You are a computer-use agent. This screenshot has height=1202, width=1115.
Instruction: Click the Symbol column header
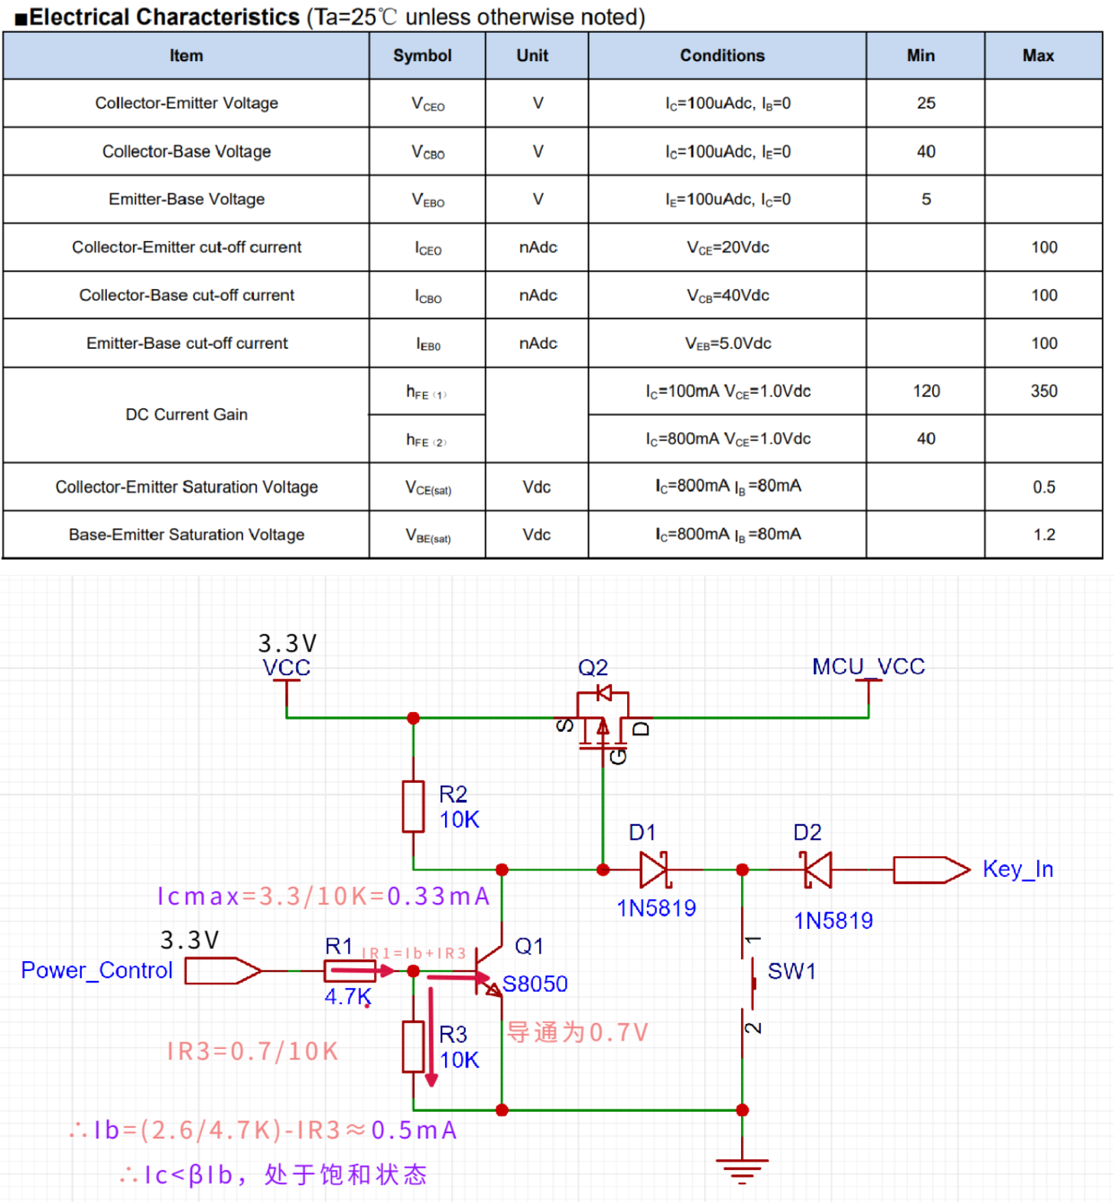pos(422,56)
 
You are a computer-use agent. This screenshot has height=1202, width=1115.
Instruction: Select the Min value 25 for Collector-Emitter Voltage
pos(925,103)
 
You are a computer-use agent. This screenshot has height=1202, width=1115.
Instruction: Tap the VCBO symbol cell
pos(427,152)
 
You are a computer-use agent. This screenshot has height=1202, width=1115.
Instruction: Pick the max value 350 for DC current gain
pos(1043,391)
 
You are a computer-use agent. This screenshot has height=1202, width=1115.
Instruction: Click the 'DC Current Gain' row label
pos(187,414)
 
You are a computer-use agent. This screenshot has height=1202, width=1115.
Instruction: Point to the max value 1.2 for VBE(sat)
pos(1043,534)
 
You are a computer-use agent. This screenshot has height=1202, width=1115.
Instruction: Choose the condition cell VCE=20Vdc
pos(727,248)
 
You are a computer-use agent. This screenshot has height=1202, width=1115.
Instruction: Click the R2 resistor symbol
pos(413,806)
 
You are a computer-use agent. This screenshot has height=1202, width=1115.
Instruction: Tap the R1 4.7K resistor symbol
pos(349,971)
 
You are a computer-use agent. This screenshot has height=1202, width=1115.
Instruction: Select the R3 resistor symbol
pos(413,1046)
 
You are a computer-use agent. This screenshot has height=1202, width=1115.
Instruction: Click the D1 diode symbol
pos(655,869)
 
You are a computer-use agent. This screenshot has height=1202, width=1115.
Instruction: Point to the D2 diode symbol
pos(818,869)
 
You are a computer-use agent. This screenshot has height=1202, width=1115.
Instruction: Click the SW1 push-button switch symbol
pos(748,983)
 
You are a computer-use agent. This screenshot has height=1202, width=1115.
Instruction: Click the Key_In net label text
pos(1017,869)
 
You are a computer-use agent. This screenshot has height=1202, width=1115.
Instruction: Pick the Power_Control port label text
pos(96,970)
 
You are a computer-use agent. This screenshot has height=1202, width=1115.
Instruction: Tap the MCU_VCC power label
pos(868,667)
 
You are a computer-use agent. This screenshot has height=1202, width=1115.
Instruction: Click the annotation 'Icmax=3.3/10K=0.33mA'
pos(323,896)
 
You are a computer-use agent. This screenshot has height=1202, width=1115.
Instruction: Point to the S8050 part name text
pos(535,984)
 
